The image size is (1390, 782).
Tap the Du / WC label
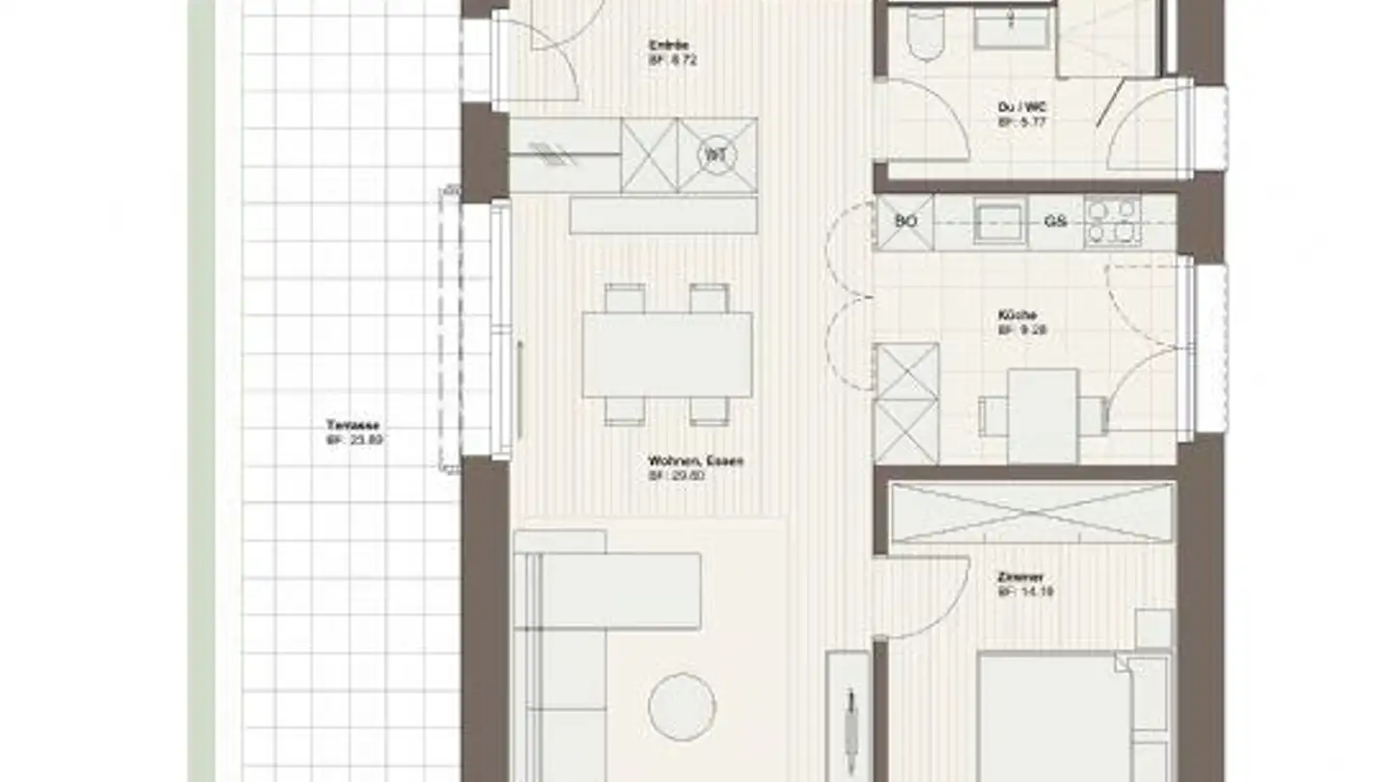pyautogui.click(x=1022, y=107)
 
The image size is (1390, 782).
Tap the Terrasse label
pyautogui.click(x=351, y=425)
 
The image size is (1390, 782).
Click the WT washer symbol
pyautogui.click(x=716, y=155)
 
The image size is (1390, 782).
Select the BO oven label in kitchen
pyautogui.click(x=904, y=222)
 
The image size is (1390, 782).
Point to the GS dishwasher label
pyautogui.click(x=1055, y=222)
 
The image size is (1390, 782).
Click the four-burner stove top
pyautogui.click(x=1112, y=221)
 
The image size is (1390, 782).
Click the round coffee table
pyautogui.click(x=681, y=707)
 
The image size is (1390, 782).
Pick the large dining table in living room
pyautogui.click(x=667, y=354)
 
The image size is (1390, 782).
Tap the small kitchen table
pyautogui.click(x=1042, y=415)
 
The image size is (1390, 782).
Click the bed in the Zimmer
pyautogui.click(x=1052, y=714)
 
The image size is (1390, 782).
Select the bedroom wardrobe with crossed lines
pyautogui.click(x=1031, y=513)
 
